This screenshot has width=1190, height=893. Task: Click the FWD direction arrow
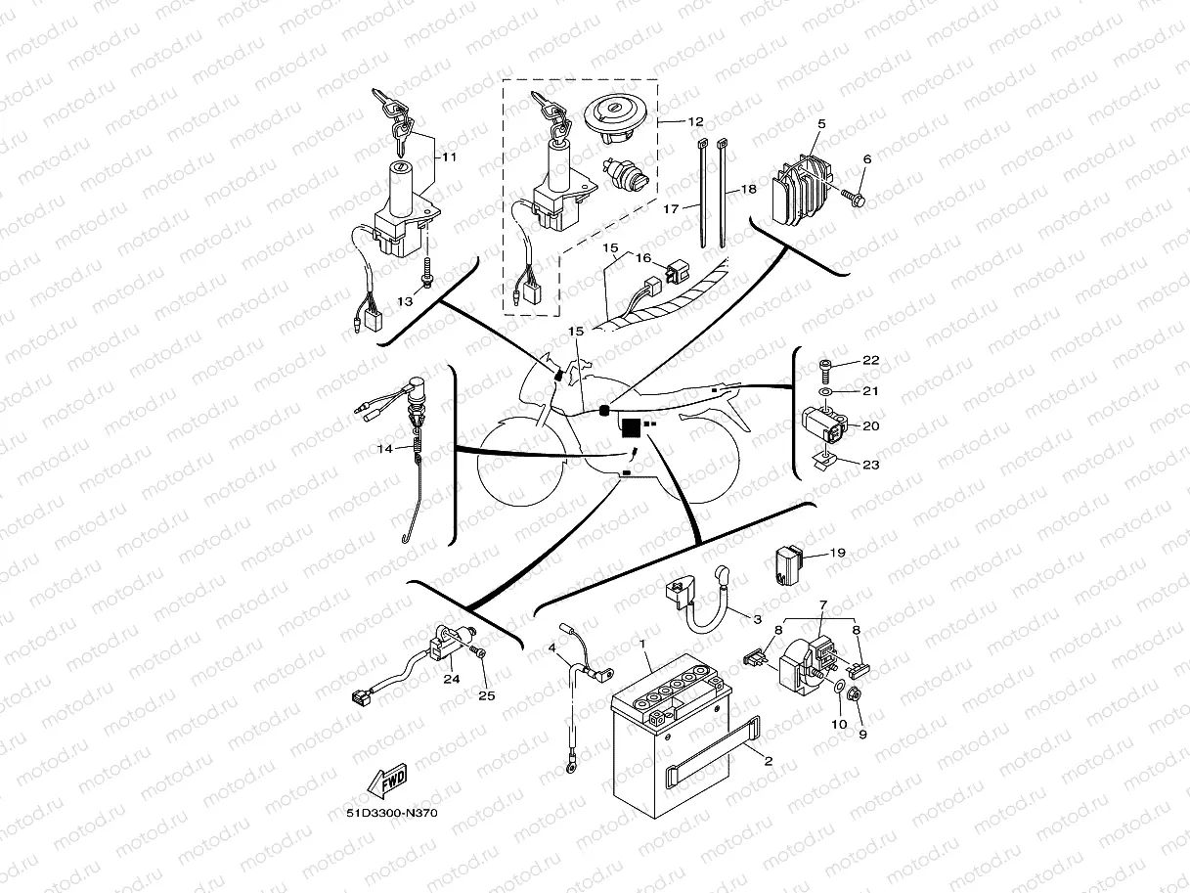tap(385, 781)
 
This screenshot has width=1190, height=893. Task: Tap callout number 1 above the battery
tap(642, 644)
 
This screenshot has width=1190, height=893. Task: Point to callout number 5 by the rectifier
tap(821, 124)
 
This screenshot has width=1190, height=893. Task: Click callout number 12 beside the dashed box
tap(695, 122)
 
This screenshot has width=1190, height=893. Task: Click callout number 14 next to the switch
tap(386, 448)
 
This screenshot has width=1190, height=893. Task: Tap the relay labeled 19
tap(790, 565)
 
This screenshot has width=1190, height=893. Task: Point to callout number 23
tap(870, 465)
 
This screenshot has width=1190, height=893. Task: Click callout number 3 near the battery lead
tap(756, 619)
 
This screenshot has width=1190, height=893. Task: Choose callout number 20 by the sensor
tap(870, 425)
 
